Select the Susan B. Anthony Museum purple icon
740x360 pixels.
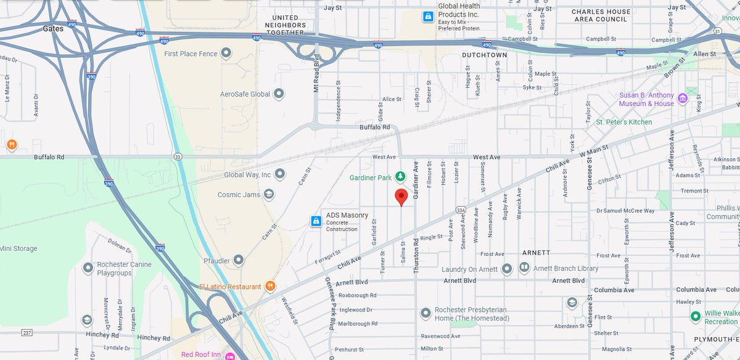[x=682, y=99]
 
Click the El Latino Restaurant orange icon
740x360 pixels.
[x=269, y=286]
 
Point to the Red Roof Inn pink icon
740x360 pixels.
[x=230, y=355]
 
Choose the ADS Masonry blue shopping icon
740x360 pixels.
[x=316, y=221]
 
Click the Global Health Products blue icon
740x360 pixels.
[x=427, y=17]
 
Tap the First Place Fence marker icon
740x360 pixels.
[x=226, y=54]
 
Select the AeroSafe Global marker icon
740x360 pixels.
[x=279, y=94]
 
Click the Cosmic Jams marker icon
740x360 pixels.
[x=268, y=194]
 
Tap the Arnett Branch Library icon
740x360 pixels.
[x=524, y=268]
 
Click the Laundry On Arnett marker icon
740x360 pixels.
[x=506, y=269]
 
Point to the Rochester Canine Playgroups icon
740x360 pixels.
[x=88, y=268]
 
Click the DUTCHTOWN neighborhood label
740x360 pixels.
[x=485, y=55]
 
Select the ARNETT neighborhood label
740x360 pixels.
[x=536, y=253]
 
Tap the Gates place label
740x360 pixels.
[x=54, y=28]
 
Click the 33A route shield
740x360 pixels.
[x=461, y=210]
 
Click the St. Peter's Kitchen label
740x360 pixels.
[x=623, y=122]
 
